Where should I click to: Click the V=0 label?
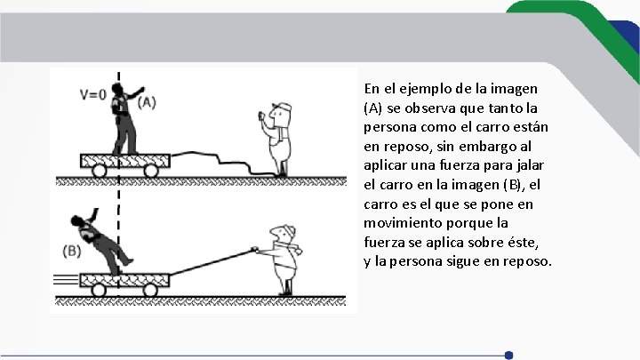point(93,95)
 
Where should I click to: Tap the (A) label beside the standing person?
point(147,102)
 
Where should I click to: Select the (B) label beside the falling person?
point(71,251)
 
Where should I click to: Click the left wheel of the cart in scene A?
point(100,171)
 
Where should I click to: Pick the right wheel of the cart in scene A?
point(150,171)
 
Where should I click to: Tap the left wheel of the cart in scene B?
point(99,290)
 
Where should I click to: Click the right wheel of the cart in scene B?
point(150,290)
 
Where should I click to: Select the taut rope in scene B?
point(212,261)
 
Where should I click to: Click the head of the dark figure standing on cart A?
point(117,89)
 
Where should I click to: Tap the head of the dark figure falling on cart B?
point(76,220)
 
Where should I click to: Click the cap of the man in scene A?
point(283,107)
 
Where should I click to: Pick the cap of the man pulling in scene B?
point(288,230)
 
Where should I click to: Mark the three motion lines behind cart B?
point(66,280)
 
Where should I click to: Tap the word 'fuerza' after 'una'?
point(460,165)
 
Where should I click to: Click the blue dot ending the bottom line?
point(508,355)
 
